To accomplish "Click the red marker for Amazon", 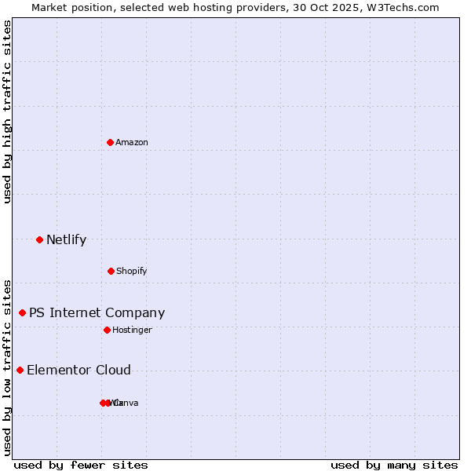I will pyautogui.click(x=111, y=142).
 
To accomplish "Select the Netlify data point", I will pyautogui.click(x=39, y=239).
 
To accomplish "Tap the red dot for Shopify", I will pyautogui.click(x=111, y=271).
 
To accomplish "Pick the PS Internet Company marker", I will pyautogui.click(x=22, y=312).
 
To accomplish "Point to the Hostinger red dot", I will pyautogui.click(x=107, y=330).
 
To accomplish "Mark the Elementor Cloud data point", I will pyautogui.click(x=20, y=370).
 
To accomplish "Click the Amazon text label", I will pyautogui.click(x=132, y=142).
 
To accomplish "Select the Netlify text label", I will pyautogui.click(x=66, y=239).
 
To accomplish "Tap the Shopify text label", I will pyautogui.click(x=132, y=271).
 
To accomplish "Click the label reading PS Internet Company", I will pyautogui.click(x=97, y=312).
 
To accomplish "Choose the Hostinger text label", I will pyautogui.click(x=132, y=330).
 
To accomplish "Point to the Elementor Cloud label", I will pyautogui.click(x=78, y=370).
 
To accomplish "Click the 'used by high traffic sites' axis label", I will pyautogui.click(x=7, y=111).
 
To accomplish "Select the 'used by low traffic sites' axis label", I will pyautogui.click(x=7, y=367).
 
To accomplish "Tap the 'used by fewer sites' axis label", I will pyautogui.click(x=80, y=465).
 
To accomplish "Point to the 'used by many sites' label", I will pyautogui.click(x=393, y=465).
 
